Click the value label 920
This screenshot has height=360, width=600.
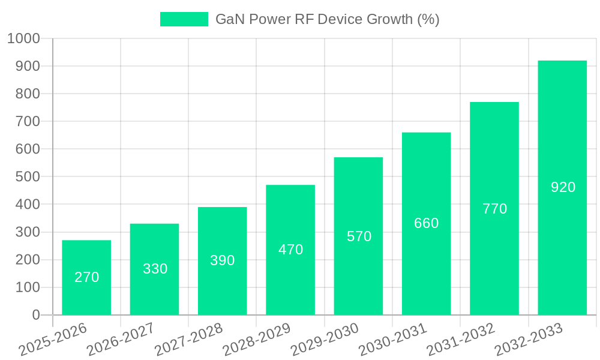point(563,187)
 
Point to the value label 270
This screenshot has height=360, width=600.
point(86,277)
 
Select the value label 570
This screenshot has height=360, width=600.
point(359,236)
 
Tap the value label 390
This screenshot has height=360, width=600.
point(222,260)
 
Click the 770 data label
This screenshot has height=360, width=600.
point(494,209)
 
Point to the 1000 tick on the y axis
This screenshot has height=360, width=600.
point(23,39)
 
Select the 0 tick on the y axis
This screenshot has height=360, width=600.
point(36,315)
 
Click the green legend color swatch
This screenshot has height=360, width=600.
point(184,19)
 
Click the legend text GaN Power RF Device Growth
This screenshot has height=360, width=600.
point(327,19)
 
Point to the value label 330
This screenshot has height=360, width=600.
point(155,269)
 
